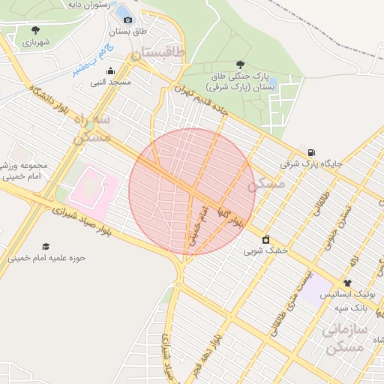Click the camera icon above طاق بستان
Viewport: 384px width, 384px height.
point(127,19)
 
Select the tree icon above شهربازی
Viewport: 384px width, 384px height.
point(35,30)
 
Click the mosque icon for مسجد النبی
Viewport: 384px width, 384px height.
point(111,71)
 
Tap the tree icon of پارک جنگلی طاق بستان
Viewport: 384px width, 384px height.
point(239,64)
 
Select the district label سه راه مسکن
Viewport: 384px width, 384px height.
point(92,127)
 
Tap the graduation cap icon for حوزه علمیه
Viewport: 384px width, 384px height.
point(46,246)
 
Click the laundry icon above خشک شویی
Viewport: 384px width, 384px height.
point(265,240)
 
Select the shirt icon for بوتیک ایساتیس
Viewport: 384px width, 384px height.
point(346,283)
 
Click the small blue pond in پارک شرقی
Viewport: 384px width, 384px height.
point(273,81)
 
